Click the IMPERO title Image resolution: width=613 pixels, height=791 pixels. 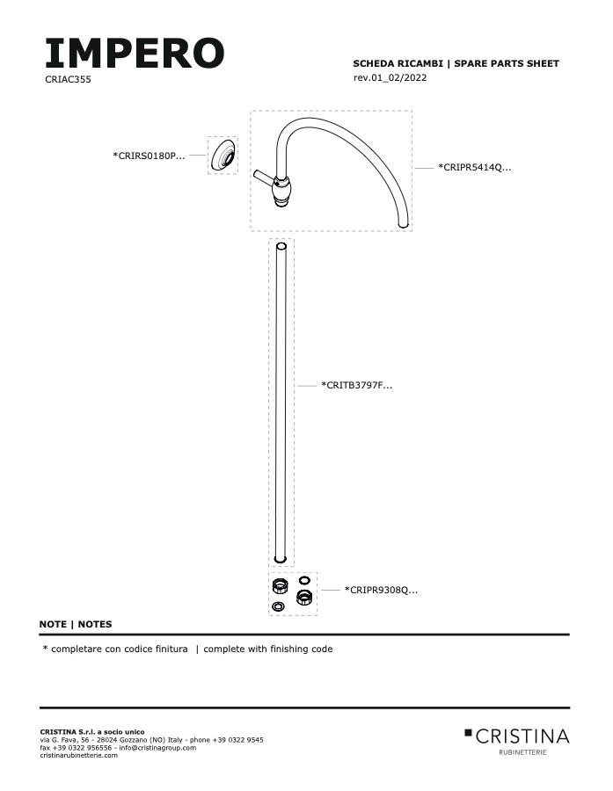point(135,53)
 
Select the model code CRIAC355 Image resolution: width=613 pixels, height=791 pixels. point(69,79)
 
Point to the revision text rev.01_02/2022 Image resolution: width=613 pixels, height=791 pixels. point(390,77)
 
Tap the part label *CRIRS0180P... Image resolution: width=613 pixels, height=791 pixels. point(149,156)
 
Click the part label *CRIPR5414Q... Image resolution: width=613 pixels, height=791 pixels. point(475,168)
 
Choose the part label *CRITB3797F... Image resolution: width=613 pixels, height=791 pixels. point(356,386)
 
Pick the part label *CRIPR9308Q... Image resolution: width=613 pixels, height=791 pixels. point(381,590)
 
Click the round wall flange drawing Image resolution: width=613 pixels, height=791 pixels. point(223,156)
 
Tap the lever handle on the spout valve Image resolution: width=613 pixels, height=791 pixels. point(264,177)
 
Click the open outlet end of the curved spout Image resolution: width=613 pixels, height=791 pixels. point(403,224)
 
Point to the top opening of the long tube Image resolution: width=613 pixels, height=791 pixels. point(281,247)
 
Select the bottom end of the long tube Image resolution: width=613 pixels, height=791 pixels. point(281,559)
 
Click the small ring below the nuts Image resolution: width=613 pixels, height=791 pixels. point(278,606)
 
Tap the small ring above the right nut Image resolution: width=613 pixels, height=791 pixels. point(304,580)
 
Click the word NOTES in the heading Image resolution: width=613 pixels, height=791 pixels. point(95,624)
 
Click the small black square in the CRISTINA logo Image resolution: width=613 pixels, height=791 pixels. point(468,732)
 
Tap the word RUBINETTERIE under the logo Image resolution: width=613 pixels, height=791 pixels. point(522,752)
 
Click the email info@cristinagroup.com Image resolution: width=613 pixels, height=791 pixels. point(157,748)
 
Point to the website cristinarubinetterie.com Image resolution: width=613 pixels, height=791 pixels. point(79,755)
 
